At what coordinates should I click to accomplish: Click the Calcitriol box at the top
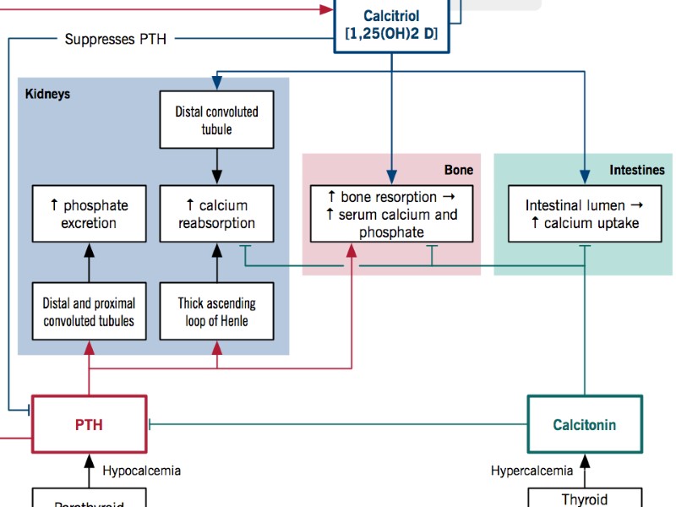tap(391, 25)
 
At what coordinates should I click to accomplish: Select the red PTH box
tap(89, 423)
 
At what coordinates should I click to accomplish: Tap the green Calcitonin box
tap(584, 424)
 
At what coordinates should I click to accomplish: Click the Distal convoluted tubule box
tap(217, 120)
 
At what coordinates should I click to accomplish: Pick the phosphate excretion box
tap(89, 214)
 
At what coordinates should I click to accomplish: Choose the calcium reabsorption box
tap(217, 214)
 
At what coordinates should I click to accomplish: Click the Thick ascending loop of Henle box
tap(217, 312)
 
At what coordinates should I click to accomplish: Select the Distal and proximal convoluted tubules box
tap(89, 312)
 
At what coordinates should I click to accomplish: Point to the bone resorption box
tap(391, 214)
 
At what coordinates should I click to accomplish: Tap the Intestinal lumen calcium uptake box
tap(584, 214)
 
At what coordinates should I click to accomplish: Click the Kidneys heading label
tap(47, 94)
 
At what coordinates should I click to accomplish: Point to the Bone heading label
tap(459, 170)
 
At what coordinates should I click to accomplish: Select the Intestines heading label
tap(637, 170)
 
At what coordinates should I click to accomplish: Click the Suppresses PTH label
tap(111, 39)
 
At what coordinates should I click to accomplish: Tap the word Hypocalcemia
tap(142, 471)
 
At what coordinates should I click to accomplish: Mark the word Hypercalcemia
tap(532, 471)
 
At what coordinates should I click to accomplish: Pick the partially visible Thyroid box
tap(584, 498)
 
